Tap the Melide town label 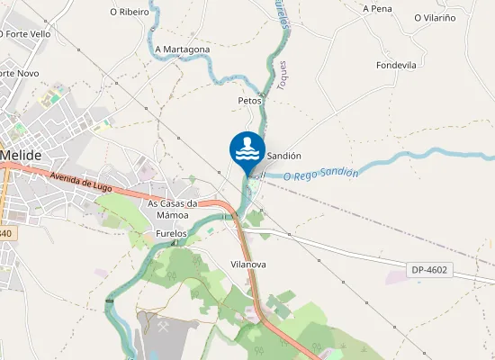pyautogui.click(x=22, y=155)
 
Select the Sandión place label pyautogui.click(x=283, y=155)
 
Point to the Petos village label pyautogui.click(x=249, y=100)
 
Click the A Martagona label pyautogui.click(x=183, y=49)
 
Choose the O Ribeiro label pyautogui.click(x=129, y=13)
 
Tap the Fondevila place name pyautogui.click(x=396, y=65)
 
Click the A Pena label pyautogui.click(x=377, y=8)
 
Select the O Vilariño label pyautogui.click(x=436, y=17)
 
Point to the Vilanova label pyautogui.click(x=248, y=264)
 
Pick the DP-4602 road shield pyautogui.click(x=430, y=270)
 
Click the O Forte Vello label pyautogui.click(x=25, y=33)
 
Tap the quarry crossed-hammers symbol pyautogui.click(x=164, y=327)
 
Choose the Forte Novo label pyautogui.click(x=18, y=72)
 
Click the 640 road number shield pyautogui.click(x=6, y=233)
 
